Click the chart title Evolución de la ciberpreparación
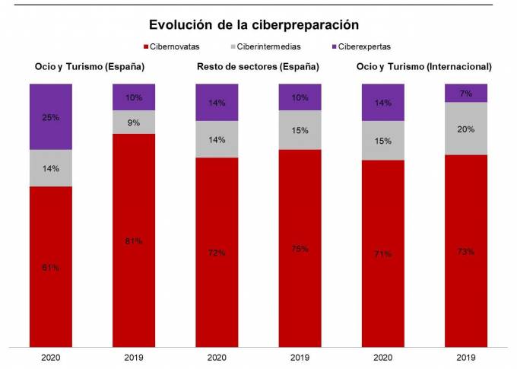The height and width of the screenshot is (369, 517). click(x=253, y=24)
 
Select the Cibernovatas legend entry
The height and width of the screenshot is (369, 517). click(x=174, y=46)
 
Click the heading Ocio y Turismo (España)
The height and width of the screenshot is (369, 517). click(x=90, y=67)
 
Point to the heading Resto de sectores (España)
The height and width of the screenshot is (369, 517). click(x=257, y=67)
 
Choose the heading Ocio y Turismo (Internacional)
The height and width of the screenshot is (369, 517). click(x=424, y=67)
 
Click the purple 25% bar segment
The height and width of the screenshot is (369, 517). click(x=51, y=116)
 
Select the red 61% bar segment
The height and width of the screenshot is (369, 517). click(x=51, y=267)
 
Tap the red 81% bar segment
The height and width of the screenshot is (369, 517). click(x=134, y=240)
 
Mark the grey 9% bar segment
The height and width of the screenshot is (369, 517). click(x=134, y=122)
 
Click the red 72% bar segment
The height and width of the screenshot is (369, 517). click(x=217, y=253)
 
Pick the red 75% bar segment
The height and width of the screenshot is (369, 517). click(x=300, y=249)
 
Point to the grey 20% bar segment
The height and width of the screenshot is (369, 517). click(x=466, y=129)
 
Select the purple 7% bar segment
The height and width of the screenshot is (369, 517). click(x=466, y=93)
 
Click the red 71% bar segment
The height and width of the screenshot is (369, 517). click(x=382, y=253)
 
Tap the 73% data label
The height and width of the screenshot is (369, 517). click(x=466, y=251)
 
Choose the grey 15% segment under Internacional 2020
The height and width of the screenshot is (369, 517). click(x=382, y=141)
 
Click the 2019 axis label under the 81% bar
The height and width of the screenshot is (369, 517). click(x=134, y=356)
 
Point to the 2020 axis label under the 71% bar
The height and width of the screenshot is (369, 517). click(x=382, y=356)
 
